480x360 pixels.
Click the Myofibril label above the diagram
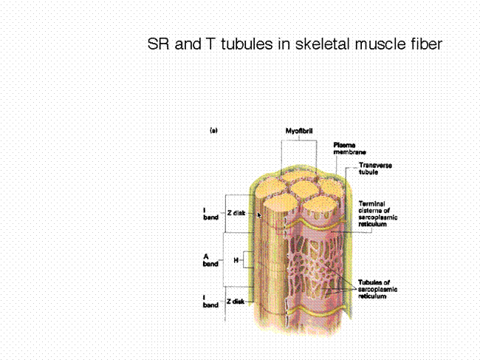[x=299, y=131]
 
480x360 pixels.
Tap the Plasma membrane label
[x=349, y=149]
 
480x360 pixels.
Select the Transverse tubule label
[x=375, y=169]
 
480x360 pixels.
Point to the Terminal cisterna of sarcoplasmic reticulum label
[x=378, y=214]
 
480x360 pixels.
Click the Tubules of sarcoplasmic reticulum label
[x=377, y=289]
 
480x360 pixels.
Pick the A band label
[x=210, y=260]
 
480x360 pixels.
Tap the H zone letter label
[x=236, y=260]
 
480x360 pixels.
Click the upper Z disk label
[x=236, y=213]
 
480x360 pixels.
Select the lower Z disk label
[x=236, y=302]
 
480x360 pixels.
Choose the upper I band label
[x=210, y=214]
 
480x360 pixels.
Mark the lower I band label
[x=210, y=301]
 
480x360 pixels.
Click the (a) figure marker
[x=213, y=131]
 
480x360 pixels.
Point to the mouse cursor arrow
[x=259, y=215]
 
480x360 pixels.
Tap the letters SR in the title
[x=158, y=44]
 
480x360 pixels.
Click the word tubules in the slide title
[x=247, y=44]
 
